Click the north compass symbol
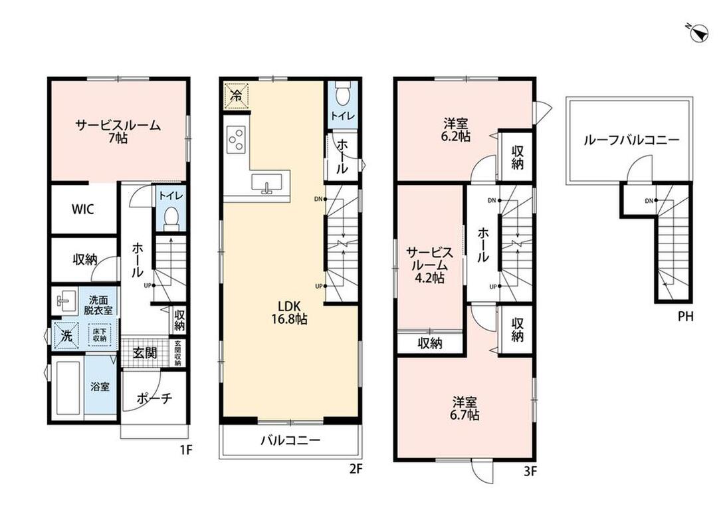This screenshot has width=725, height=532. click(698, 33)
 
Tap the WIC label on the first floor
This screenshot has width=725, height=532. click(83, 209)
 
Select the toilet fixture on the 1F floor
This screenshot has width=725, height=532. click(171, 218)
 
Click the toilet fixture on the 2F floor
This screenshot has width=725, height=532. click(343, 93)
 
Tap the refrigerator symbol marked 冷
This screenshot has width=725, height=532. click(237, 96)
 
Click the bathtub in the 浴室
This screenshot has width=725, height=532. click(68, 388)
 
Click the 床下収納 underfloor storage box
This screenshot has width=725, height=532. click(100, 335)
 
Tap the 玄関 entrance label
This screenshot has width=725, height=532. click(145, 353)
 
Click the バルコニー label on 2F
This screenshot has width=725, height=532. click(290, 440)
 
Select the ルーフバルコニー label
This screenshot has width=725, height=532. click(631, 140)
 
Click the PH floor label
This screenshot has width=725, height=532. click(686, 317)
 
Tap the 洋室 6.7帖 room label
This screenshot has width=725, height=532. click(465, 408)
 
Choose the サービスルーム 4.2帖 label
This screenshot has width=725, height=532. click(429, 265)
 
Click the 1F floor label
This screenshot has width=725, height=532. click(185, 450)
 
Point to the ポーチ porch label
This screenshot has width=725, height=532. click(154, 398)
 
